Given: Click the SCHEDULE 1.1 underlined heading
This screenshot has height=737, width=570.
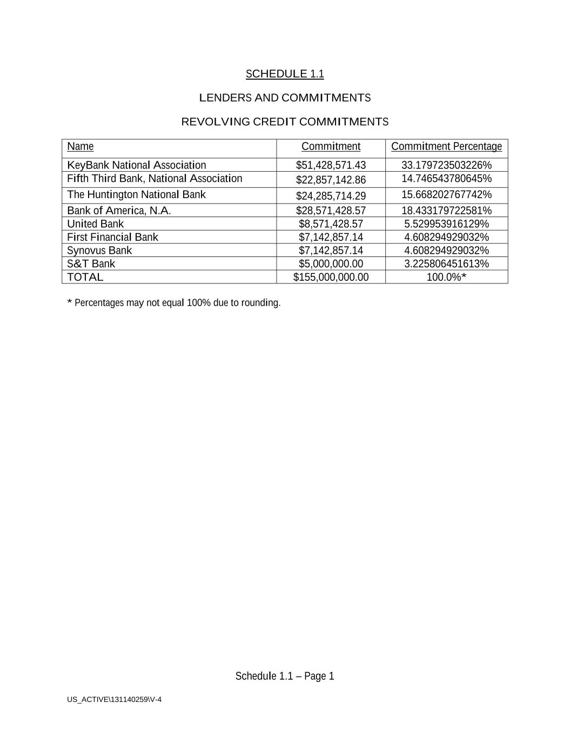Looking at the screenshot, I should coord(285,74).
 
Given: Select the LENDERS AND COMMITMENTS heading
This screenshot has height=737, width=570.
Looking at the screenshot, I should coord(285,98).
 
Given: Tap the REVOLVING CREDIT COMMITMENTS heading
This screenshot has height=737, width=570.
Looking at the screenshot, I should coord(285,121).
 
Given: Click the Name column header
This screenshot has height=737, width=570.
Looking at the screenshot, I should coord(81,146).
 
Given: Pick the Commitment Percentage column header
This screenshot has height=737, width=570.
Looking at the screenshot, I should coord(446,146).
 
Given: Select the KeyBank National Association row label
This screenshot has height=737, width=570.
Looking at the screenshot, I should coord(137,165).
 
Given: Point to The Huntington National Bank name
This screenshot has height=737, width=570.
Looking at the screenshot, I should coord(136,194).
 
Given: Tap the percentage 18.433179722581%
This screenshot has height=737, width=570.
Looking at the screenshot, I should coord(446,211).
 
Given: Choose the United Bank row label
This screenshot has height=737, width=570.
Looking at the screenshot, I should coord(95,224).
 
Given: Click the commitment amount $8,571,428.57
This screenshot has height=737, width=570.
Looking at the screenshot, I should coord(331,224).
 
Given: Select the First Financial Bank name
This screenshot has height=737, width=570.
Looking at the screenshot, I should coord(112,237).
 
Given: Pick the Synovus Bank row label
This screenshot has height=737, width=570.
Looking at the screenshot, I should coord(99,251).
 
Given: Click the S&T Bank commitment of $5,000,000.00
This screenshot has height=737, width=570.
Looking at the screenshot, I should coord(331,263).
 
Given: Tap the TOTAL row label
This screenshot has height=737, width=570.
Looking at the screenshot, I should coord(85,277).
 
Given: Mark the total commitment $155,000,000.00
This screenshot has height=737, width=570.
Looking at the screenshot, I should coord(331,277).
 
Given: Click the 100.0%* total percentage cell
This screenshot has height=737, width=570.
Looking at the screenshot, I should coord(446,277).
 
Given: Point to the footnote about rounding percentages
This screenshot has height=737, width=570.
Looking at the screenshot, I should coord(174,303).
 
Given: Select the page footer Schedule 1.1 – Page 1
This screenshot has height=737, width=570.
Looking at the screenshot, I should coord(285,676).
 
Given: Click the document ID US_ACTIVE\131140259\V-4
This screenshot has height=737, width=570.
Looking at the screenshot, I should coord(114,700).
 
